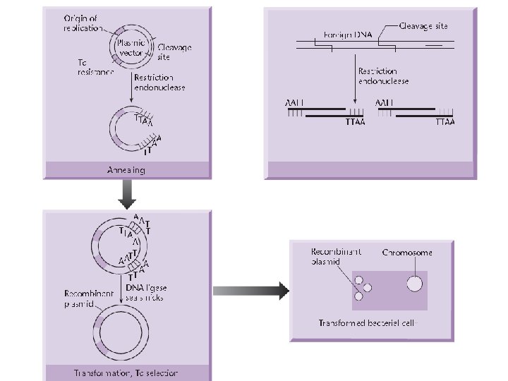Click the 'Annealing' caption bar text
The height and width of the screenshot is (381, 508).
click(x=126, y=170)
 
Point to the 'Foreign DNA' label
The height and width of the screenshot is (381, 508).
click(x=346, y=34)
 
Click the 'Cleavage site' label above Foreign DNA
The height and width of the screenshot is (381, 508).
click(x=423, y=26)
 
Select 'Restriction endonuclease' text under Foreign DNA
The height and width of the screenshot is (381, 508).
click(x=383, y=76)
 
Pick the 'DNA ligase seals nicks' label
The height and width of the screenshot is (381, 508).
click(x=147, y=292)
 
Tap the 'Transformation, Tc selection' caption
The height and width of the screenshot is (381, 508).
click(x=126, y=373)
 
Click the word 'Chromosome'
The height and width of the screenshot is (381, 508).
click(x=407, y=252)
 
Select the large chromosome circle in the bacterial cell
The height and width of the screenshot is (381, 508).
click(x=414, y=284)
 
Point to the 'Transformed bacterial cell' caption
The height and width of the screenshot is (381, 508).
click(x=369, y=323)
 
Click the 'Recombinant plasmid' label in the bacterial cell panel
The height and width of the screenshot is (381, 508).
click(x=337, y=256)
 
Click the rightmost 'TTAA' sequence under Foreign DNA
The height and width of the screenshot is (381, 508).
click(x=445, y=121)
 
